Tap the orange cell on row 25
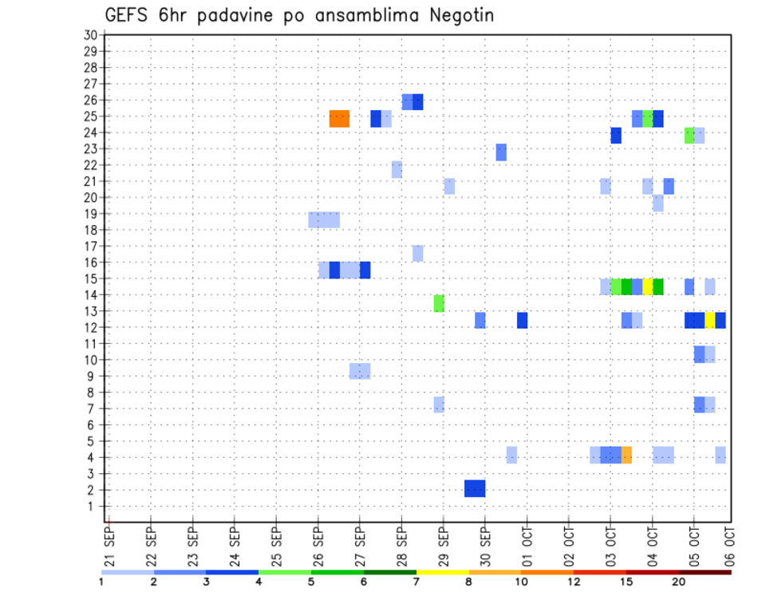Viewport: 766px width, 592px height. (339, 118)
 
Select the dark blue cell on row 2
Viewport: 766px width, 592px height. (475, 488)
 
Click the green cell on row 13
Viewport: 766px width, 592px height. (439, 303)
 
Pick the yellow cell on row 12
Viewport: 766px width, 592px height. (709, 320)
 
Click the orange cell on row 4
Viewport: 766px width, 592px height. (626, 455)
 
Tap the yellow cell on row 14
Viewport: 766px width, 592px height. (648, 286)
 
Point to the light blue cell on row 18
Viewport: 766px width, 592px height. (324, 219)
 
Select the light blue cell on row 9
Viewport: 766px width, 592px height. (360, 371)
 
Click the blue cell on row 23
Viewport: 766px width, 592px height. (501, 152)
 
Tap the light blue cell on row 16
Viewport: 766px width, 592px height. (417, 253)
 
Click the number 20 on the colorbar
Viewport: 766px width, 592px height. (679, 582)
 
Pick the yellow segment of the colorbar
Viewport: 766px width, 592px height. (443, 571)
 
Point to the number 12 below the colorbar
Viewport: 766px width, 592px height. (574, 582)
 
